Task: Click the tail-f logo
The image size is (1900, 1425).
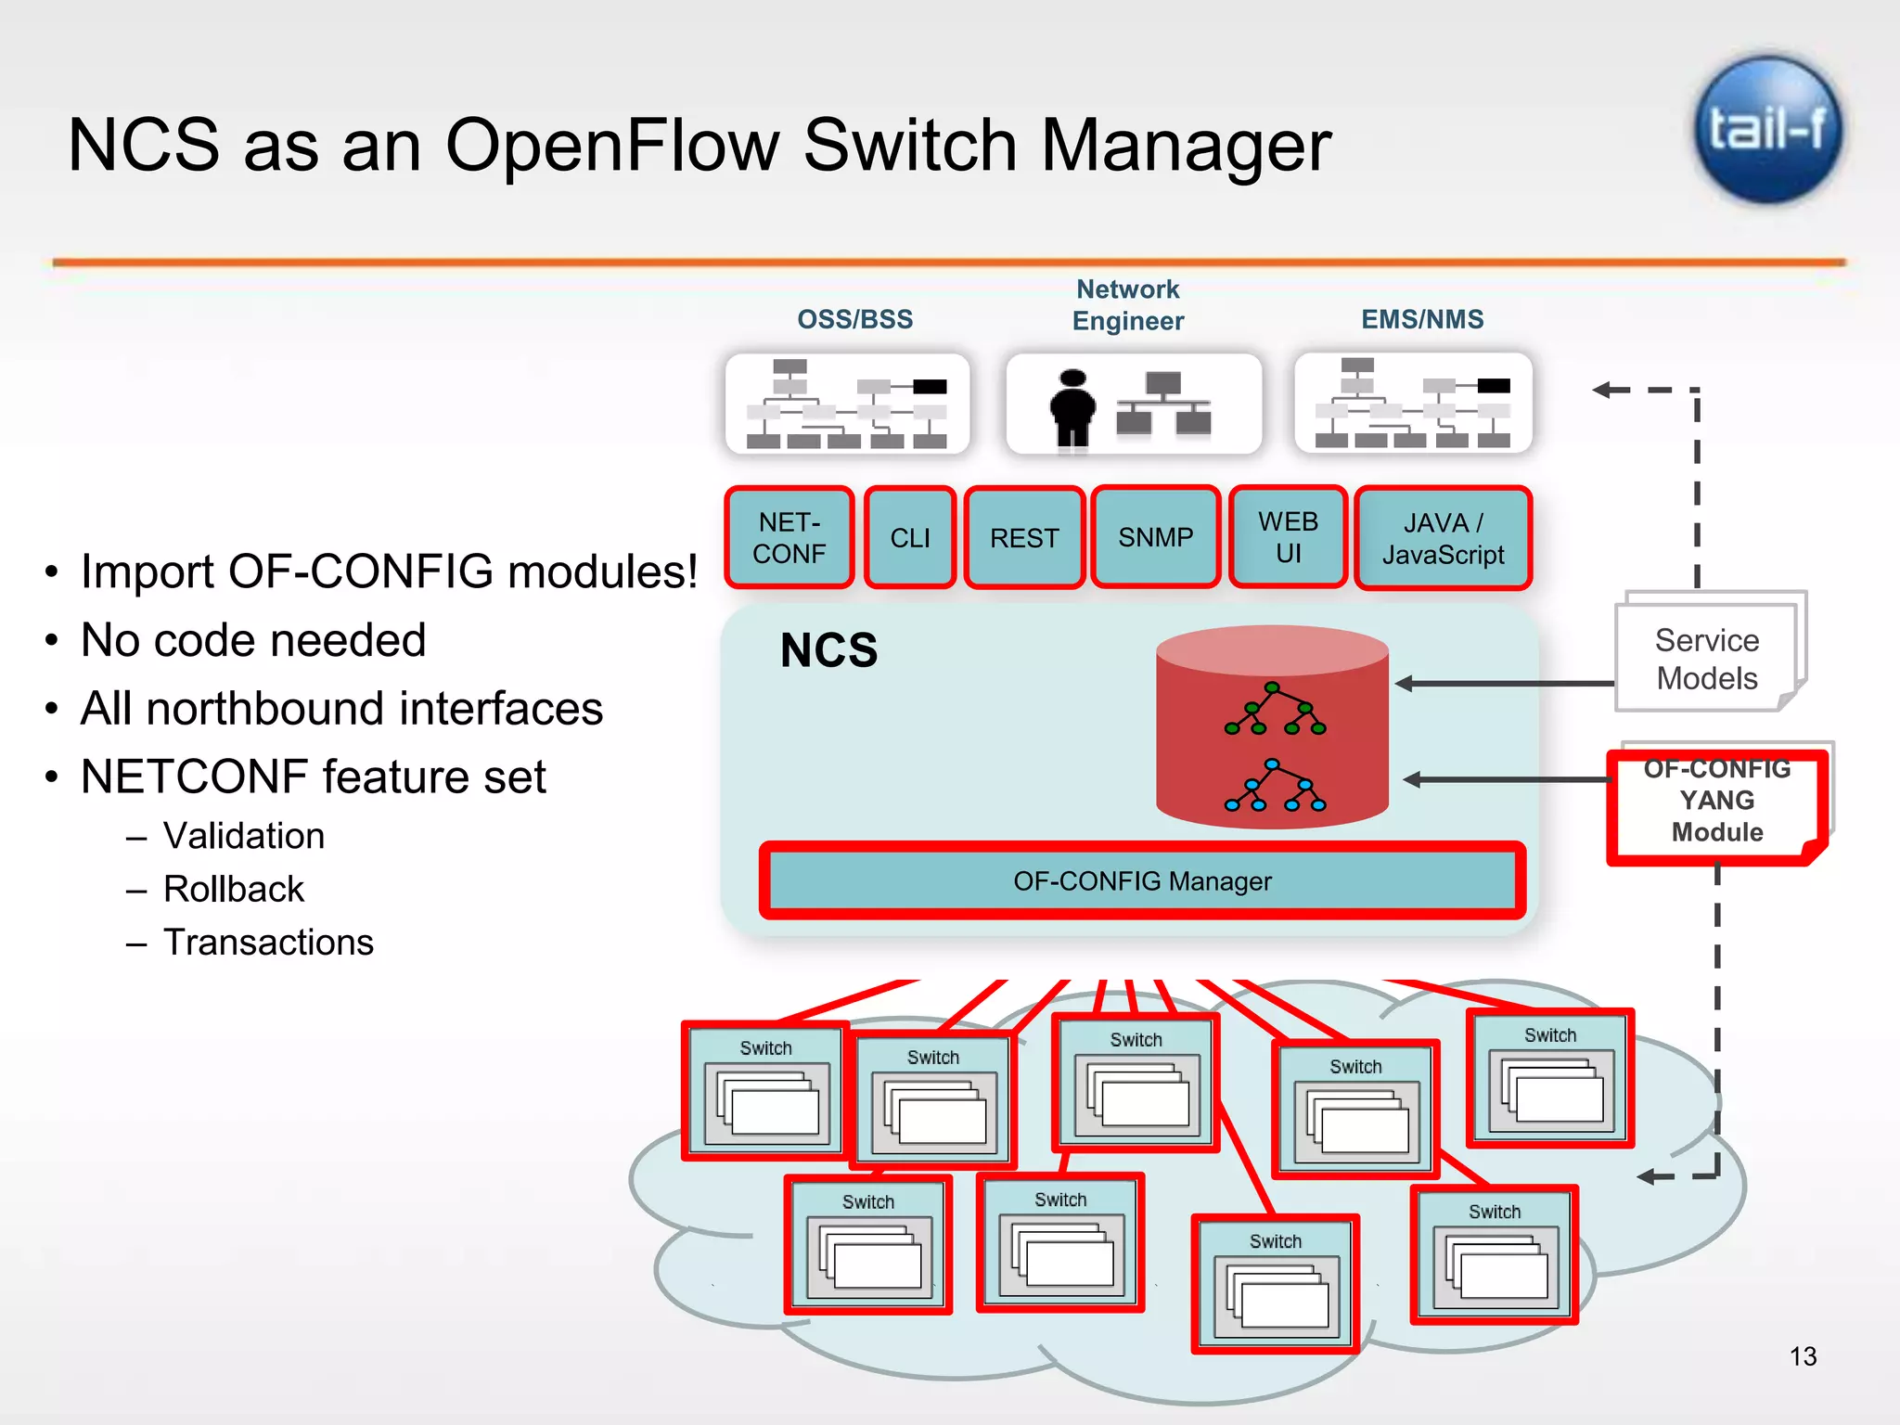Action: pos(1768,130)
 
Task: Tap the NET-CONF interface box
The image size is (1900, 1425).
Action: pos(789,538)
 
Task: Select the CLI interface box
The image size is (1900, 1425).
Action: pos(910,538)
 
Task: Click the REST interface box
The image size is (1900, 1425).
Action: pos(1024,538)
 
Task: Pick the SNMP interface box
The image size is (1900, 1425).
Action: pos(1155,537)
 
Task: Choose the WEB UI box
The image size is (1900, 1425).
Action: pos(1288,537)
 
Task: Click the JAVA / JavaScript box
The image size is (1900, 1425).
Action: pos(1443,538)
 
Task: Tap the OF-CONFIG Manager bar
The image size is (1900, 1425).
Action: pos(1142,880)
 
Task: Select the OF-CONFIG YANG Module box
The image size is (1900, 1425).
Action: pos(1717,802)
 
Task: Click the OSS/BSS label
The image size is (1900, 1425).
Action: pos(854,319)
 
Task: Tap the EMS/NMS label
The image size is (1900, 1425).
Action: pos(1422,319)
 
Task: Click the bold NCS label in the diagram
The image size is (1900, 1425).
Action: pos(828,650)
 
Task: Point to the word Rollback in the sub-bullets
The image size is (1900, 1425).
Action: pos(233,889)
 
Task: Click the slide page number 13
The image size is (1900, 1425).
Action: pos(1803,1356)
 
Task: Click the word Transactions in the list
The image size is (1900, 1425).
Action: pos(268,943)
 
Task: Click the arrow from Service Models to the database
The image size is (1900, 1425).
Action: pos(1503,684)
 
